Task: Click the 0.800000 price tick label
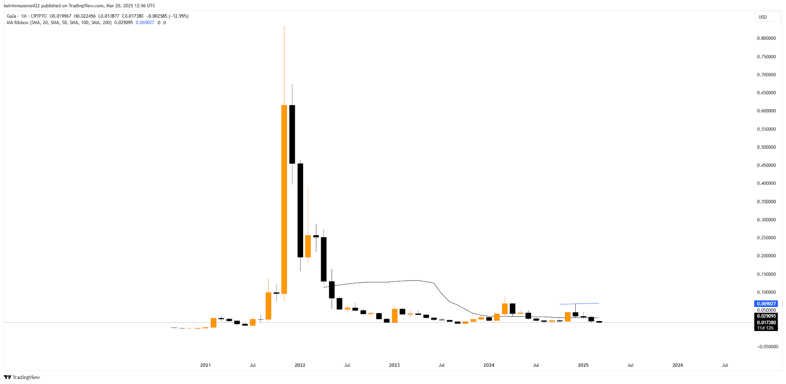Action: click(766, 38)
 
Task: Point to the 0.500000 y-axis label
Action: click(766, 147)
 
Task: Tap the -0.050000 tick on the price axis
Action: click(767, 347)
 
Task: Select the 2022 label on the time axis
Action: click(300, 365)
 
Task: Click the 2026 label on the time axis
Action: click(677, 365)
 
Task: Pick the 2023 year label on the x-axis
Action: click(394, 365)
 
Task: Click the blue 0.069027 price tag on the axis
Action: click(766, 304)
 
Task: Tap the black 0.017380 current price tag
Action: click(766, 323)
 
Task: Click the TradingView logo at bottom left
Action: click(22, 377)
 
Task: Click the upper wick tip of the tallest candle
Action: click(284, 26)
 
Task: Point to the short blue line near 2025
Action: click(579, 304)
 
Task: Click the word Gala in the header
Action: click(11, 16)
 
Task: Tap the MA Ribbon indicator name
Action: click(18, 23)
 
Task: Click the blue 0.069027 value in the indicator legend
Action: click(145, 23)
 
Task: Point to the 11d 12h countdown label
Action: click(765, 328)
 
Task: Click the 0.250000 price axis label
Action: click(766, 238)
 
